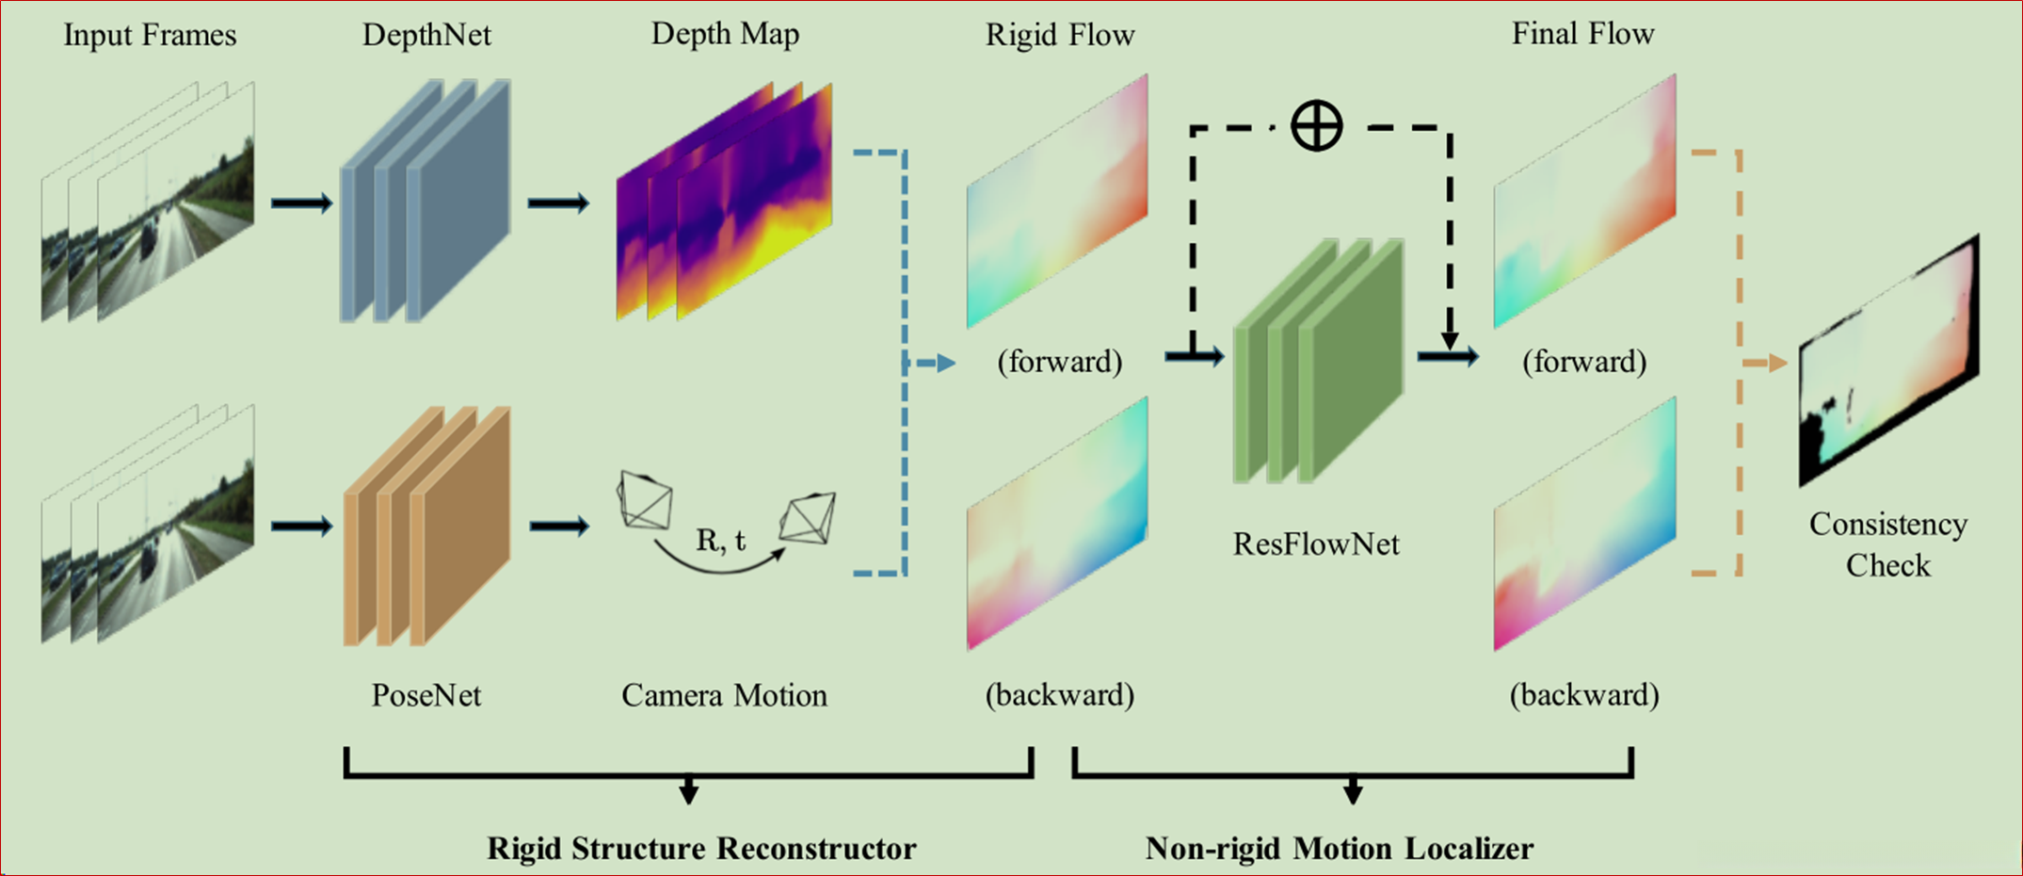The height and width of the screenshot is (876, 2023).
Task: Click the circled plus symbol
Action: [1316, 126]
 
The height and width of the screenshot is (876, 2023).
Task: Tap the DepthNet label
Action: [426, 36]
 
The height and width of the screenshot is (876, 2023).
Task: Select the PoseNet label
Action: [425, 695]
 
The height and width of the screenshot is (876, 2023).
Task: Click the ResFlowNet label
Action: [1316, 543]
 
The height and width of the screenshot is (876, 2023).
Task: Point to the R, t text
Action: [720, 540]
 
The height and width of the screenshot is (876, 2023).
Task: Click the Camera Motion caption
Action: [724, 695]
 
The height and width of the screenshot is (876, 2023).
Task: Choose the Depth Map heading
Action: [725, 34]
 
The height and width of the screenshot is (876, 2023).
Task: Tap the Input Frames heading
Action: [150, 36]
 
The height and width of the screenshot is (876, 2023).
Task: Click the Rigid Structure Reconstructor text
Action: [701, 848]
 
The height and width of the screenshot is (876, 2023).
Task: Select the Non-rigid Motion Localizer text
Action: [1339, 848]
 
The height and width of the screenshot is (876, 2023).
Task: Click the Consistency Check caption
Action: [1887, 544]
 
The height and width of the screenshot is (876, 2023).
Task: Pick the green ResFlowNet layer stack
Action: [1318, 363]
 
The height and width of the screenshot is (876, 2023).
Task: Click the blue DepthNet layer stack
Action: [425, 202]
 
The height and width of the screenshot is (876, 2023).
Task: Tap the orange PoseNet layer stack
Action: [426, 526]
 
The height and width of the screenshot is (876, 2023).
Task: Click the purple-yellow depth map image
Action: [725, 203]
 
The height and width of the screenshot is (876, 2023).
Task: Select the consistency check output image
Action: [1887, 363]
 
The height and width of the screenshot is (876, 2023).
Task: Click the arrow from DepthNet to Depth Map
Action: [558, 203]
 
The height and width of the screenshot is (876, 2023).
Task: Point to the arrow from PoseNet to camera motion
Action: [559, 526]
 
